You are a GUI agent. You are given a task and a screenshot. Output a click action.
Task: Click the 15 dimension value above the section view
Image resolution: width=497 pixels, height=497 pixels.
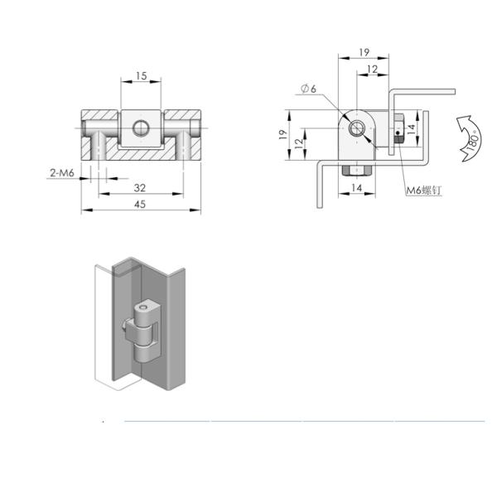(142, 76)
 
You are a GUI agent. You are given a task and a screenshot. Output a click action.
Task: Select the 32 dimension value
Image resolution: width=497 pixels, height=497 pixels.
(140, 188)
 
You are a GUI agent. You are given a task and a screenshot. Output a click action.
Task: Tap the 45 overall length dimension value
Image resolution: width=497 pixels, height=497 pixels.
(140, 204)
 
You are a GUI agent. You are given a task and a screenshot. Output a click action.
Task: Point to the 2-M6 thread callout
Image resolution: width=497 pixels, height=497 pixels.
(62, 173)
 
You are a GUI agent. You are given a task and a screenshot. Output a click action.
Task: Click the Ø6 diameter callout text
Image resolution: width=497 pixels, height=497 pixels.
(308, 89)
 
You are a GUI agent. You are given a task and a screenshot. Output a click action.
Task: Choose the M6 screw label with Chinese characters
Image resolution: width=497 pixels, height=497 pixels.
(424, 191)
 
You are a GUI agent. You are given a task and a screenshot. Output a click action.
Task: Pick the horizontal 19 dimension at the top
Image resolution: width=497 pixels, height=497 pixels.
(364, 52)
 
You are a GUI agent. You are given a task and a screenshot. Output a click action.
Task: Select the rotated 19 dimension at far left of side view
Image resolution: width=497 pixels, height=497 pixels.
(283, 134)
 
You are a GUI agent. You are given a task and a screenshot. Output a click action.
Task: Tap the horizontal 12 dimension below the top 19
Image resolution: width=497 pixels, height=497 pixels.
(373, 69)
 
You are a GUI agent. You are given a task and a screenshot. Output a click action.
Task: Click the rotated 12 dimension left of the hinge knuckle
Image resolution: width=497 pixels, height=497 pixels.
(298, 143)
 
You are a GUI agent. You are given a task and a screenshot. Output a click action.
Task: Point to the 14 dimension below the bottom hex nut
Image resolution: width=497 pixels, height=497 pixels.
(356, 188)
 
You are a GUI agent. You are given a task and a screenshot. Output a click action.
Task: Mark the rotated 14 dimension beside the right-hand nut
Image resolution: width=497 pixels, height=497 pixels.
(411, 129)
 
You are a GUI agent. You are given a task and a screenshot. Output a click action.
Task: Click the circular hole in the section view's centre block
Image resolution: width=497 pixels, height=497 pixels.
(141, 128)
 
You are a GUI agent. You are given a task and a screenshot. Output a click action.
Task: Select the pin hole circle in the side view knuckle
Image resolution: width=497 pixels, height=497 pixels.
(357, 128)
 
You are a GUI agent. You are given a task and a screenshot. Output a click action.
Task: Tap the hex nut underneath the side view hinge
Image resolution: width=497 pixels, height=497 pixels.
(357, 171)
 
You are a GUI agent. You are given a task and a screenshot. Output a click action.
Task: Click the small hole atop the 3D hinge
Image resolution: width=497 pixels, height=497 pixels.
(143, 307)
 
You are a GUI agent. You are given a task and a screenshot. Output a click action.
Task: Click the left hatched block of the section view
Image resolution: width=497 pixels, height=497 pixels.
(100, 135)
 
